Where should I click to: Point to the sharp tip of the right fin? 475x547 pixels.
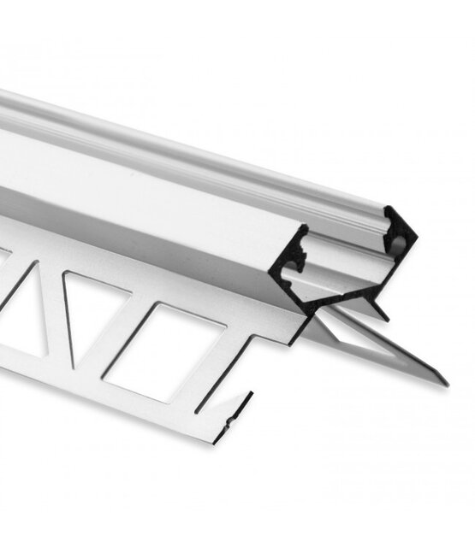coord(446,383)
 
